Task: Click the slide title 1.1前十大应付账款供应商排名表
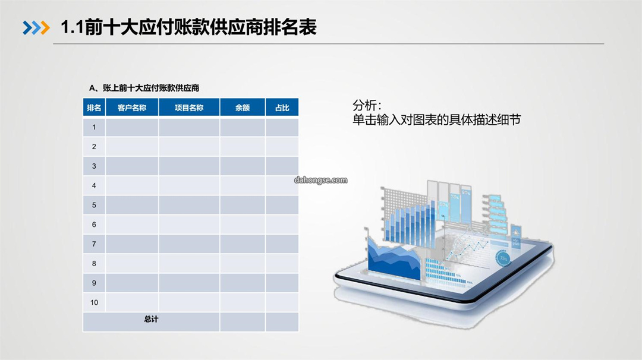point(188,27)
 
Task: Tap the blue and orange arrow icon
point(36,28)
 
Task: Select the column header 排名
point(94,108)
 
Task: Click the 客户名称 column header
point(132,108)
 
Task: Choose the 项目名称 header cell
point(189,108)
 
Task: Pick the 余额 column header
point(243,108)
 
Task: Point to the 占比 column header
point(282,108)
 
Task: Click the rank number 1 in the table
point(94,127)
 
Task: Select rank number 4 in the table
point(94,186)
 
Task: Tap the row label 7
point(94,244)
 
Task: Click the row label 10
point(94,303)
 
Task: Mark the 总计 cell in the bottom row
point(151,319)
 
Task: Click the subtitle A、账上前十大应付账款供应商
point(144,88)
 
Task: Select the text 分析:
point(367,106)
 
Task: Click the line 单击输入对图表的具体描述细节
point(436,120)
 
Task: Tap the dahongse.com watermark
point(320,180)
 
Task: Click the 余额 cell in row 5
point(243,205)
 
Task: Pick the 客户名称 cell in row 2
point(132,147)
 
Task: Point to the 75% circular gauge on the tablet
point(503,258)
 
